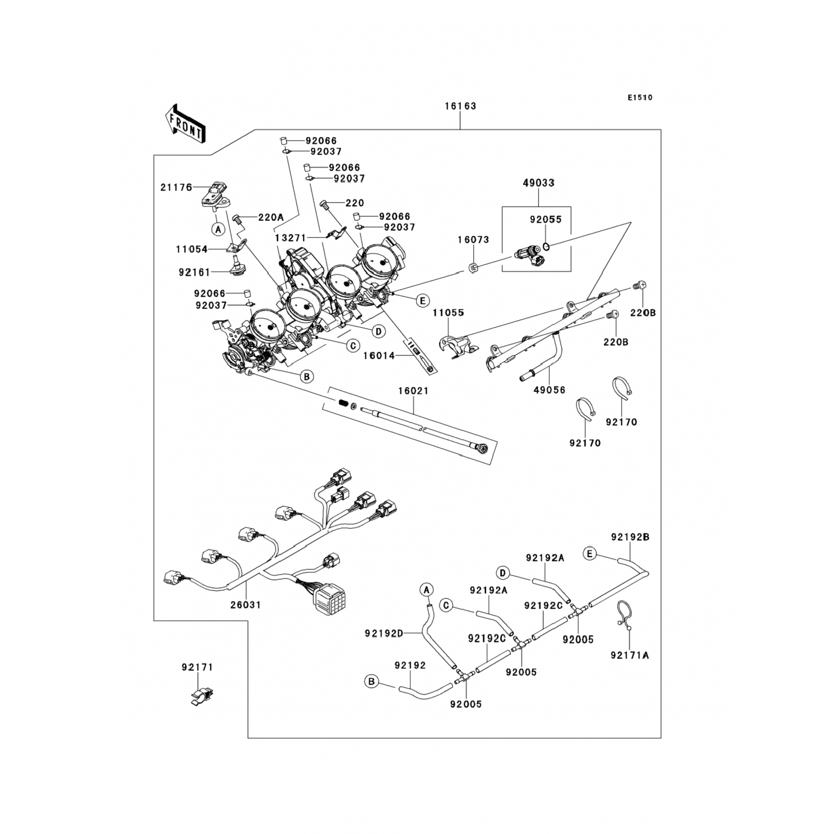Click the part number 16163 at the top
[460, 106]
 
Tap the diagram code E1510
[640, 98]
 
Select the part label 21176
[176, 188]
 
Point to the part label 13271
[290, 238]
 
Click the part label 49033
[539, 182]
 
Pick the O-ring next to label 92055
[547, 246]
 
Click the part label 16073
[473, 240]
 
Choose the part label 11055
[448, 313]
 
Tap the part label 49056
[549, 390]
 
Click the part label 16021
[413, 391]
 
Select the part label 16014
[379, 356]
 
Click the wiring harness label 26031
[245, 604]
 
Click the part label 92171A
[629, 655]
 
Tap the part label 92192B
[630, 537]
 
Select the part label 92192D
[384, 633]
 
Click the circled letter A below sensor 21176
[218, 229]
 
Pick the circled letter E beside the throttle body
[423, 301]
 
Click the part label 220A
[271, 217]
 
